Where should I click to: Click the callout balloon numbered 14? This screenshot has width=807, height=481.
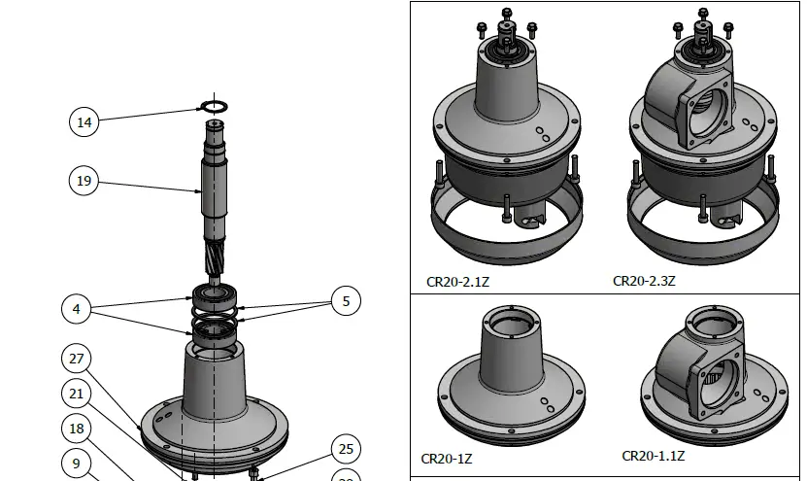click(x=84, y=121)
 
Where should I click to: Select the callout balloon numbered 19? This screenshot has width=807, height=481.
click(x=84, y=181)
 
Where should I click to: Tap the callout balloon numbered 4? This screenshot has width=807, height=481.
click(x=77, y=309)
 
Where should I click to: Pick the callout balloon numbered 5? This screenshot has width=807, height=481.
click(x=346, y=301)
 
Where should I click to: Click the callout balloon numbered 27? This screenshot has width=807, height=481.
click(x=77, y=359)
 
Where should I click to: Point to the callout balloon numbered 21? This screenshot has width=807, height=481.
click(x=77, y=394)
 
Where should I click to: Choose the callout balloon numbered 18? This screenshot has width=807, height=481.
click(x=77, y=429)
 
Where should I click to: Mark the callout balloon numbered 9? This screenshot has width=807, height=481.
click(x=77, y=464)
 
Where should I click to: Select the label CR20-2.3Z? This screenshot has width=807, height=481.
click(x=644, y=281)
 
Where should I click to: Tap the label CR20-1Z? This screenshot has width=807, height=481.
click(x=447, y=458)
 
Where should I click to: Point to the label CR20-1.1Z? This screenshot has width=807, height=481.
click(x=654, y=456)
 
